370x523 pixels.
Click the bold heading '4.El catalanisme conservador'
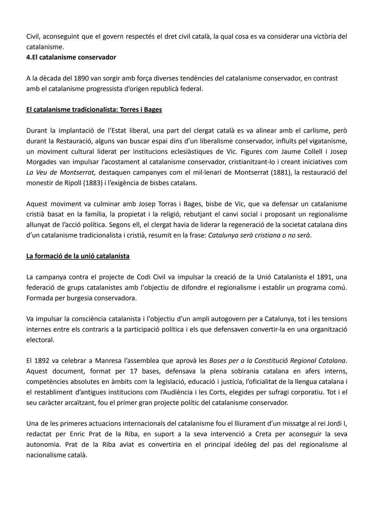pos(71,57)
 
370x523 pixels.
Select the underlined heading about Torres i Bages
pos(94,110)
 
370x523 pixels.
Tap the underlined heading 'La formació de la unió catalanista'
pos(78,256)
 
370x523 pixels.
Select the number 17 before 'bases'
pos(134,371)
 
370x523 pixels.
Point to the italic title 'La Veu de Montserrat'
pos(60,172)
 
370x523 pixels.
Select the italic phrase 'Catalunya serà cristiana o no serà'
pos(259,235)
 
